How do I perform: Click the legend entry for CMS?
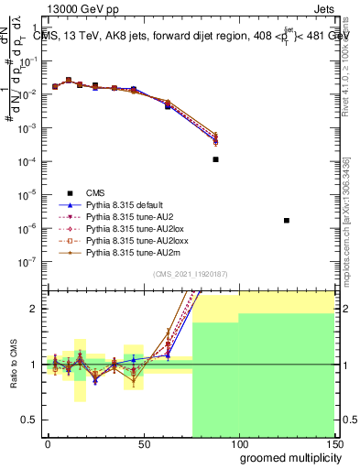(x=96, y=192)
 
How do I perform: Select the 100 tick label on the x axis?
(x=238, y=444)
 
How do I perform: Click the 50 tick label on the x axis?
(x=144, y=444)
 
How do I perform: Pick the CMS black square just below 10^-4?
(x=215, y=159)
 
